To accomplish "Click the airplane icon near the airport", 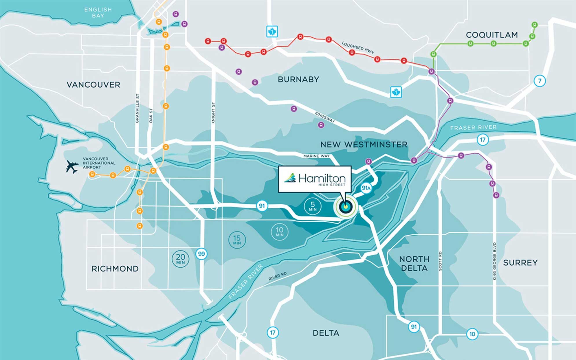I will coord(72,167).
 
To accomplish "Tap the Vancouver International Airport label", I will coord(99,163).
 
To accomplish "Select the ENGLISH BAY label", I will coord(98,12).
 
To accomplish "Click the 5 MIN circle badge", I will coord(313,206).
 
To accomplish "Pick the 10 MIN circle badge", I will coord(279,232).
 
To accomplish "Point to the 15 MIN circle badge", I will coord(237,240).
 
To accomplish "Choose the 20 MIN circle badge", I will coord(180,259).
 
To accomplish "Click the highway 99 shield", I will coord(201,254).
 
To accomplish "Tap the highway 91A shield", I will coord(366,188).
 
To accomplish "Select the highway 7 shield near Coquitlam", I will coord(540,81).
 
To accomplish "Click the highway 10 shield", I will coord(472,334).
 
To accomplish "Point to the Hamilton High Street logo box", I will coord(315,179).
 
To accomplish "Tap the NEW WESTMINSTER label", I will coord(364,144).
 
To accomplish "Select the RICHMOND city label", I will coord(115,269).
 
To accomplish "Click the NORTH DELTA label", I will coord(414,263).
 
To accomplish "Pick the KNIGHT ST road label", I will coord(213,113).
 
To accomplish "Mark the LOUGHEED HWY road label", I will coord(358,47).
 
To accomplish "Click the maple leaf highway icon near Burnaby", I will coord(396,92).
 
